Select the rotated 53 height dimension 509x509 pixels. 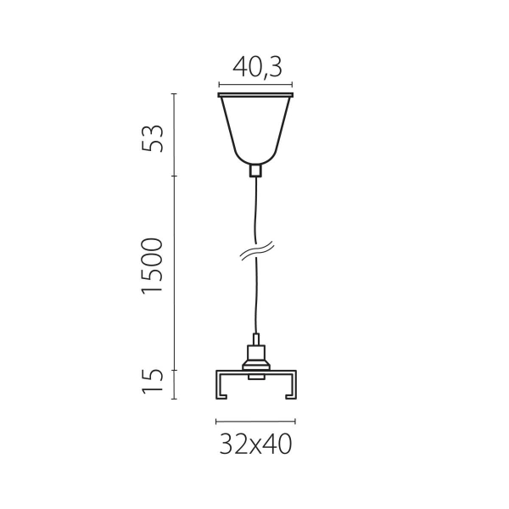[x=153, y=137]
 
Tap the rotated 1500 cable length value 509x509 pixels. [x=153, y=266]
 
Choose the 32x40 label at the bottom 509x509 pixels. [x=256, y=443]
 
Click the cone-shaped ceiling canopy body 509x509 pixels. [x=256, y=127]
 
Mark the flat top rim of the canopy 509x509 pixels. [x=256, y=94]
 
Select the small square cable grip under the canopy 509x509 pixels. [x=255, y=170]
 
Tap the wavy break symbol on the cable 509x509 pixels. [x=255, y=251]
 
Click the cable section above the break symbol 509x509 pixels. [x=255, y=212]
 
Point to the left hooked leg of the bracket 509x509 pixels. [x=221, y=385]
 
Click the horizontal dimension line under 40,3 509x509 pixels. [x=256, y=84]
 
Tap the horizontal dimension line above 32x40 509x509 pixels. [x=256, y=421]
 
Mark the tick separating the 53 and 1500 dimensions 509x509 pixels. [x=175, y=176]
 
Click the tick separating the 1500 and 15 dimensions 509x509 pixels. [x=175, y=371]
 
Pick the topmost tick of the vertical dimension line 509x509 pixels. [x=175, y=94]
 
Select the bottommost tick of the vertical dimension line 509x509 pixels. [x=175, y=398]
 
